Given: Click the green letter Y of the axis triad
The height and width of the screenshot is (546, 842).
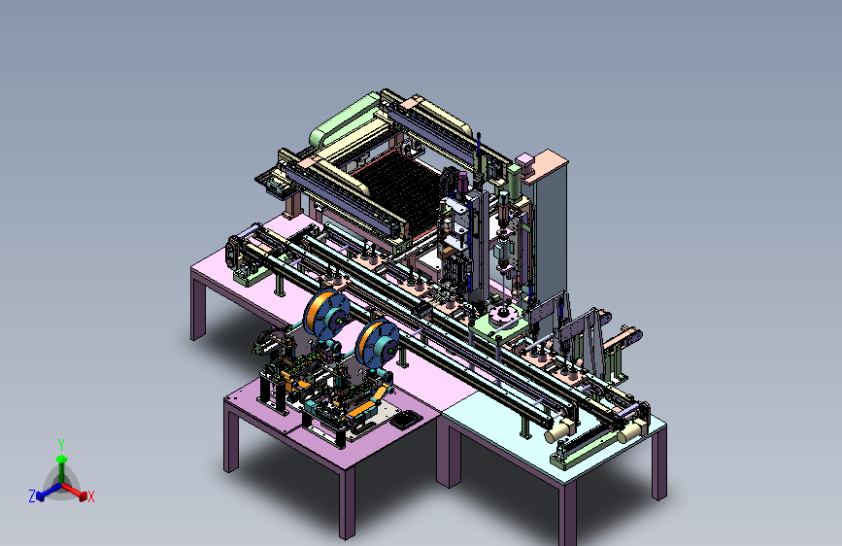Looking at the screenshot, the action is click(61, 445).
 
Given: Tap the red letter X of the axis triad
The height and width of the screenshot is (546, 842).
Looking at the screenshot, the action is click(90, 496).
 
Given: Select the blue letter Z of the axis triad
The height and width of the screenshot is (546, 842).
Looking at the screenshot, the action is click(32, 496).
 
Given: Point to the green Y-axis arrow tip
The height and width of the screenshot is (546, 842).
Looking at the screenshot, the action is click(62, 460).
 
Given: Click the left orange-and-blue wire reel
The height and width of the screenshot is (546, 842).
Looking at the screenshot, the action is click(326, 315).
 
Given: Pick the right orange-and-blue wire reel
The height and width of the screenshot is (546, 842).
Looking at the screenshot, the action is click(378, 344).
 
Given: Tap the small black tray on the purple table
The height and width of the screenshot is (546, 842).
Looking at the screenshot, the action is click(405, 419).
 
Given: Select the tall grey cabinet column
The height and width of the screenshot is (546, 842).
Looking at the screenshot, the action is click(551, 231).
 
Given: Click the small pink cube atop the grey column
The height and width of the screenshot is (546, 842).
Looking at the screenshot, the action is click(524, 160).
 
